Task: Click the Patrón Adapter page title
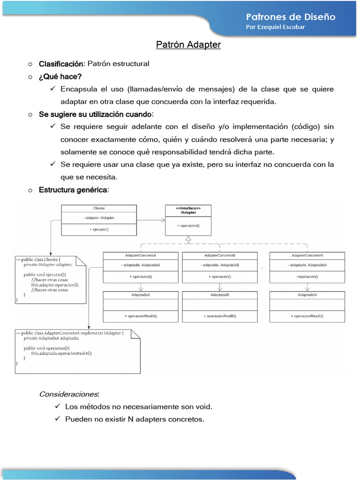(188, 45)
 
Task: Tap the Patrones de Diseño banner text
(291, 17)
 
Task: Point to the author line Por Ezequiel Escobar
(275, 27)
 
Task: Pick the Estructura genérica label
(73, 190)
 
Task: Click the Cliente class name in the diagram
(99, 209)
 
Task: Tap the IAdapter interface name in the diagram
(188, 213)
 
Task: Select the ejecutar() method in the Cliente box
(99, 229)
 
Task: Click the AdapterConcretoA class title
(141, 255)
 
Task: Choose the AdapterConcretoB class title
(220, 255)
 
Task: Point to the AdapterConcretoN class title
(307, 255)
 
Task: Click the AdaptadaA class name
(141, 295)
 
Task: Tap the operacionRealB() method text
(220, 316)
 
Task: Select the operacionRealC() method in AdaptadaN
(307, 316)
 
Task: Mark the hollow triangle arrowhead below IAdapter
(188, 240)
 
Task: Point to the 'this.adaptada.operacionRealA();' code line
(62, 354)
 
